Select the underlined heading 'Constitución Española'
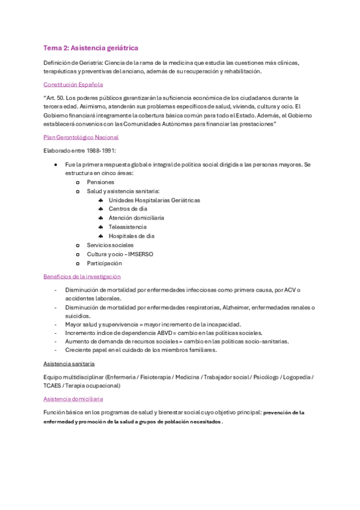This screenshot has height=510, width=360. point(73,85)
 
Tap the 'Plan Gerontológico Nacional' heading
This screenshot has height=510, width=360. point(81,137)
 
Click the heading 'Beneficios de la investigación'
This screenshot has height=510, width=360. point(82,277)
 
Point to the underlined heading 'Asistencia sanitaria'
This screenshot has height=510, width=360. point(69,364)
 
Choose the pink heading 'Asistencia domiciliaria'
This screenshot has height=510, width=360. point(73,399)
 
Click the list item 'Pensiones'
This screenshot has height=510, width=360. point(100,182)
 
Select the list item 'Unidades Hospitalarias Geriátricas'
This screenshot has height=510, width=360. point(154,200)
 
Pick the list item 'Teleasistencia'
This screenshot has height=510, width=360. point(127,227)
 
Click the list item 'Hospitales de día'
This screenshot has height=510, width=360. point(131,236)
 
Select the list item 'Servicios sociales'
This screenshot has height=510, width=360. point(110,245)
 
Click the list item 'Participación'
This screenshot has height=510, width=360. point(104,263)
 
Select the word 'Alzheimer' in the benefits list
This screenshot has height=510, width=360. point(236,308)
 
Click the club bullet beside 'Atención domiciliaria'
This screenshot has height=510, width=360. point(101,218)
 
